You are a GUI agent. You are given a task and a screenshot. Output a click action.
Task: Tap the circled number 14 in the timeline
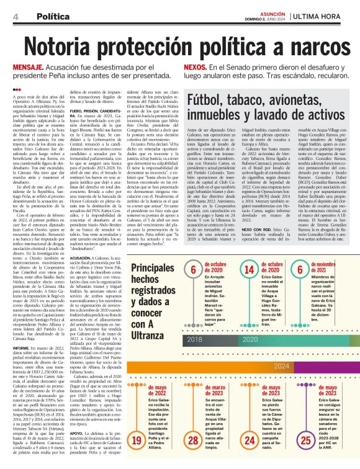(x=249, y=269)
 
